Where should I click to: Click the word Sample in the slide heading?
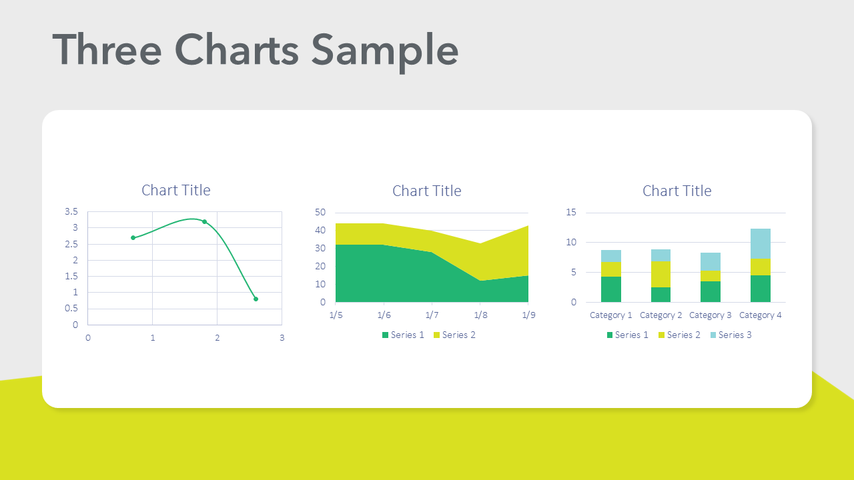[x=385, y=50]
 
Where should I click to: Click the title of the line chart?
[x=176, y=190]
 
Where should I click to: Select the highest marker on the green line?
[x=204, y=221]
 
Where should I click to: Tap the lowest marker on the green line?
[x=256, y=299]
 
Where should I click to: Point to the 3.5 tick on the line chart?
[x=71, y=212]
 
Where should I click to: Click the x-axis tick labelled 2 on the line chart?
[x=217, y=338]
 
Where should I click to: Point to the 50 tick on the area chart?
[x=320, y=213]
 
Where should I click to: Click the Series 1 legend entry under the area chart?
[x=403, y=335]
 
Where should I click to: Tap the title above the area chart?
[x=427, y=191]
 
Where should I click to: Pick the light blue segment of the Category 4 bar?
[x=761, y=243]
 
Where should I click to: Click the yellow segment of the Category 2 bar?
[x=661, y=274]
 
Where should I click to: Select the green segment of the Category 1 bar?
[x=611, y=289]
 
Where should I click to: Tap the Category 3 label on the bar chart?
[x=711, y=315]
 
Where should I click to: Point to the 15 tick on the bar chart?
[x=570, y=213]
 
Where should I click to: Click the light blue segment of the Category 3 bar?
[x=711, y=261]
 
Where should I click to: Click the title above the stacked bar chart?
[x=677, y=191]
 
